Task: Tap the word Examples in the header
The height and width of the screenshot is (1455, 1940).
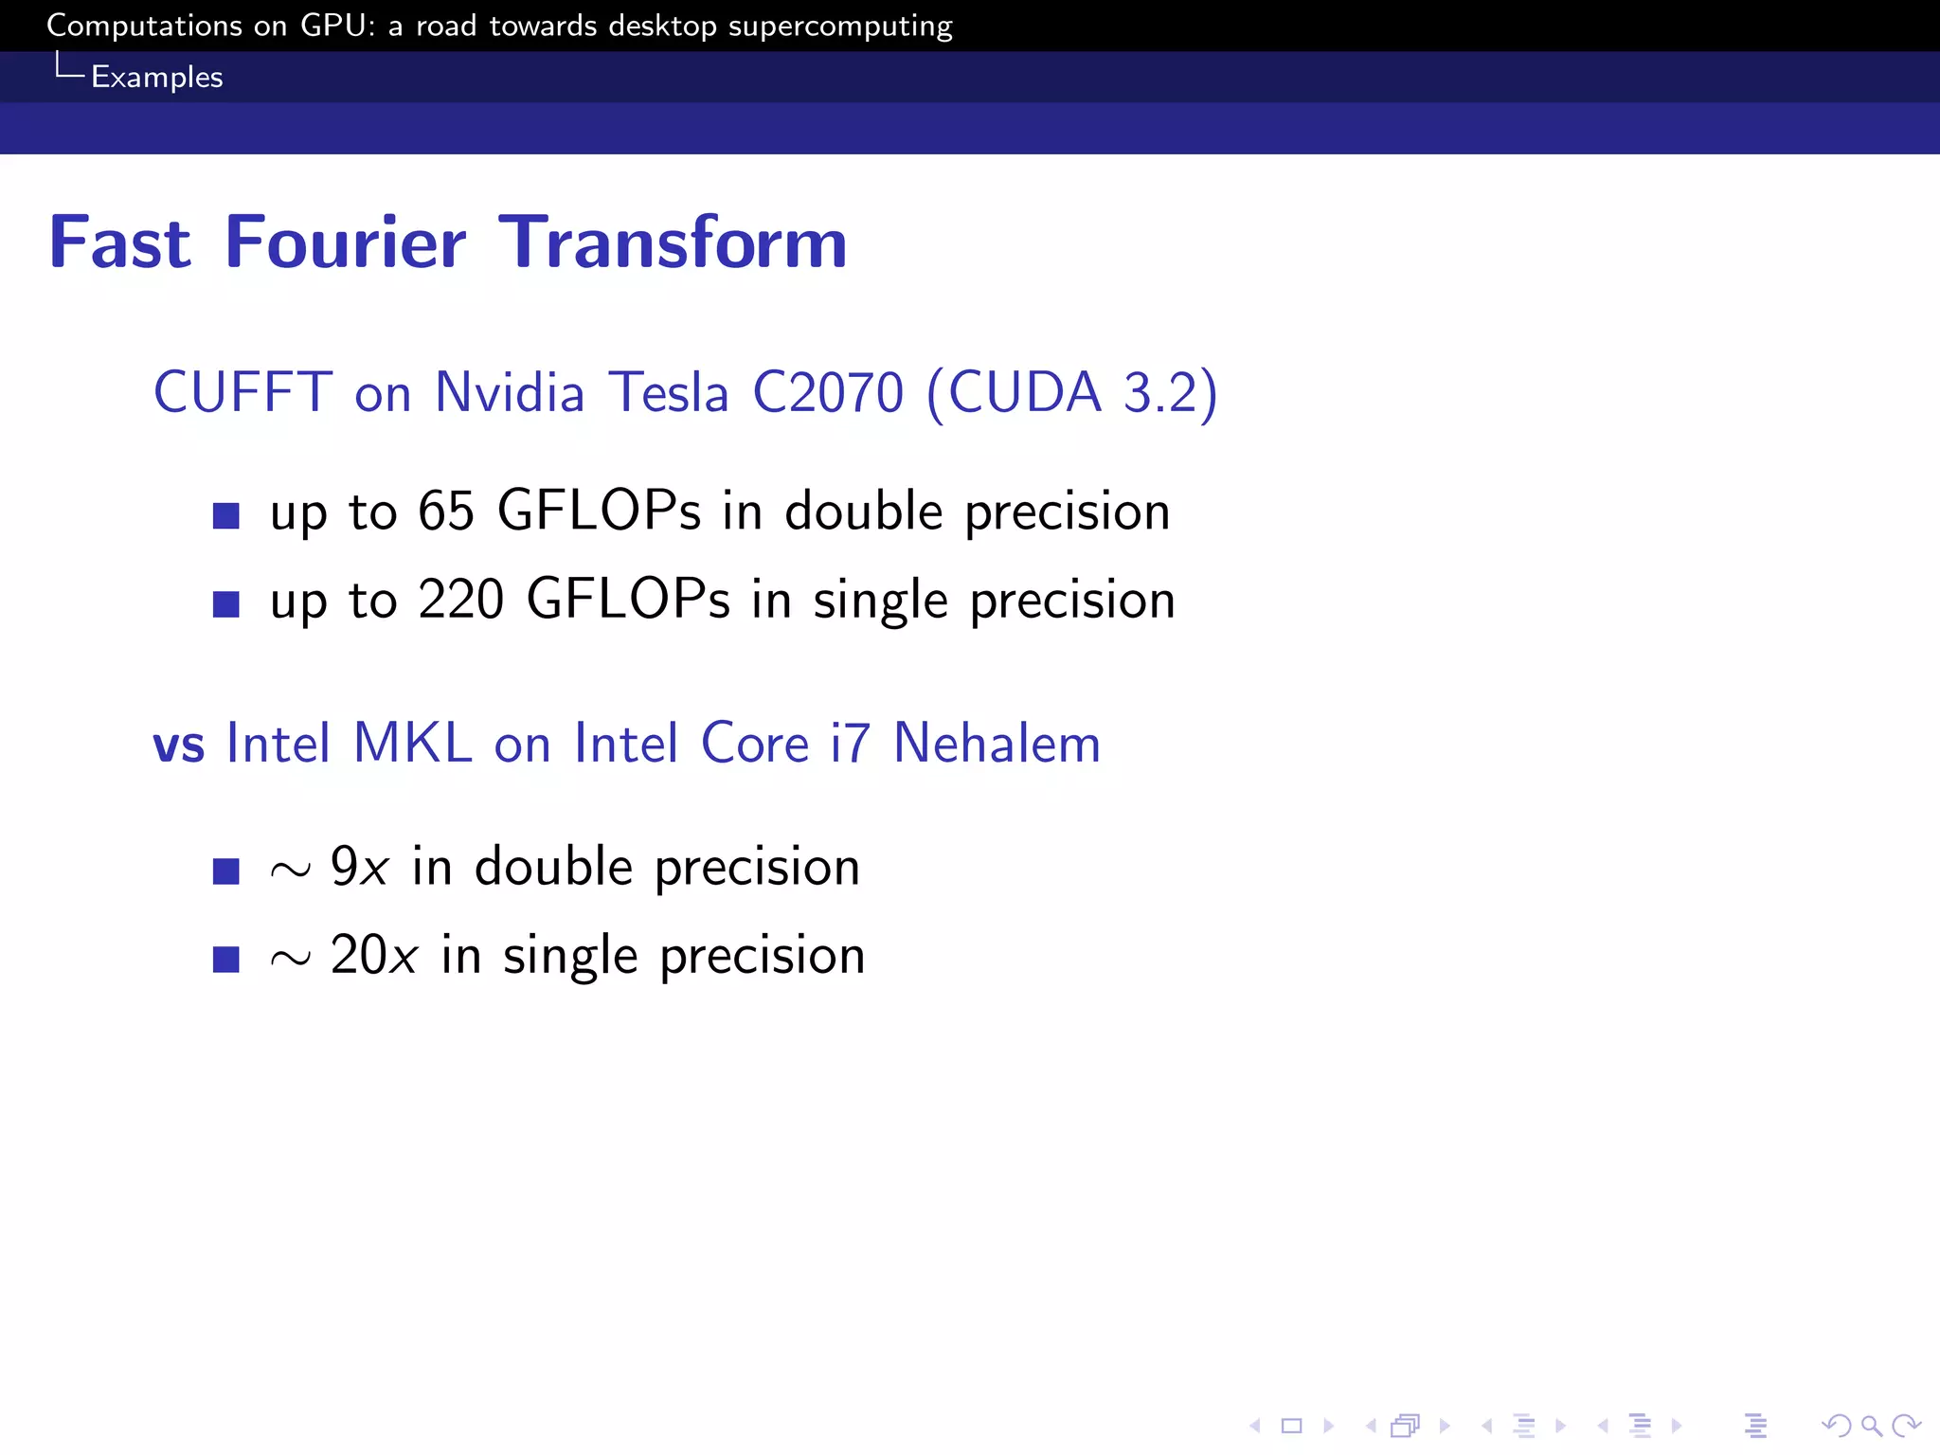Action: pyautogui.click(x=156, y=77)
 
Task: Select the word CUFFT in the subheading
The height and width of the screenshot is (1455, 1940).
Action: pyautogui.click(x=242, y=392)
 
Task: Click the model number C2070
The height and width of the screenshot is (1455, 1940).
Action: pyautogui.click(x=828, y=392)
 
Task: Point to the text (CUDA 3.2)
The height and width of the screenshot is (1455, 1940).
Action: pyautogui.click(x=1072, y=392)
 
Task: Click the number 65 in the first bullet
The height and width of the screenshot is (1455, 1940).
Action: pyautogui.click(x=445, y=512)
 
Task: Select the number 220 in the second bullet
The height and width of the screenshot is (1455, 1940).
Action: pyautogui.click(x=460, y=600)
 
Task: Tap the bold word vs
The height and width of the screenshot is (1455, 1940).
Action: pyautogui.click(x=178, y=745)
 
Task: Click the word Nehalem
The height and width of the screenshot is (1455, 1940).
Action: pyautogui.click(x=997, y=743)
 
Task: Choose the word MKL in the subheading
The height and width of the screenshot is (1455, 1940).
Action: pyautogui.click(x=412, y=743)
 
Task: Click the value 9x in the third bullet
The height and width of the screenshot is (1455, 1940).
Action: pyautogui.click(x=359, y=867)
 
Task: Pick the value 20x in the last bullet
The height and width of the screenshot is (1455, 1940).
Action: pyautogui.click(x=373, y=955)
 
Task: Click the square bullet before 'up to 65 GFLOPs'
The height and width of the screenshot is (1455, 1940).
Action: pyautogui.click(x=226, y=515)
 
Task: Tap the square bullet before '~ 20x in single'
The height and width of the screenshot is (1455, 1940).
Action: pyautogui.click(x=226, y=959)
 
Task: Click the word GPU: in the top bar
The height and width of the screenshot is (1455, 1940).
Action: pyautogui.click(x=337, y=26)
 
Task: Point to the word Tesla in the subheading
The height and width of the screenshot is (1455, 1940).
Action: pyautogui.click(x=668, y=392)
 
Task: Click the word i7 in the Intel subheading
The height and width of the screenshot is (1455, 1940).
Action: pyautogui.click(x=850, y=743)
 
